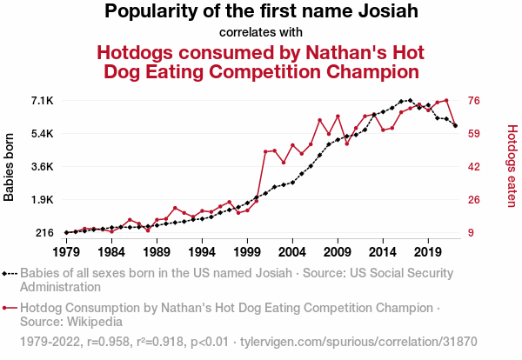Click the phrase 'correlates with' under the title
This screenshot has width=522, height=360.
click(260, 33)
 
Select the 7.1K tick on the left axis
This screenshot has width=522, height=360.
click(42, 101)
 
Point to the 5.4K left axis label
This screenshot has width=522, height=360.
click(42, 134)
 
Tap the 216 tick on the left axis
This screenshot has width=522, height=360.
click(44, 233)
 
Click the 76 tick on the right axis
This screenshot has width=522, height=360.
click(475, 101)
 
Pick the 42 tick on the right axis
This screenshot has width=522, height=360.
click(475, 167)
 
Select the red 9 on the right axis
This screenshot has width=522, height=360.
click(472, 233)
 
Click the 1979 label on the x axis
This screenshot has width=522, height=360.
click(66, 252)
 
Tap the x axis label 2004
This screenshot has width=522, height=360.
click(292, 252)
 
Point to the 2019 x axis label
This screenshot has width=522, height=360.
click(427, 252)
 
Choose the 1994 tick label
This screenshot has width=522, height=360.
click(202, 252)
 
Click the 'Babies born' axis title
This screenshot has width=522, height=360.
click(10, 167)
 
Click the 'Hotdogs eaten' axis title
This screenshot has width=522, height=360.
click(512, 166)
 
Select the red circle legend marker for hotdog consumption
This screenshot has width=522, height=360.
click(9, 308)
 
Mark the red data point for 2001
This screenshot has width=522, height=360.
click(265, 151)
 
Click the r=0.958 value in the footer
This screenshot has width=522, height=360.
click(110, 340)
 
